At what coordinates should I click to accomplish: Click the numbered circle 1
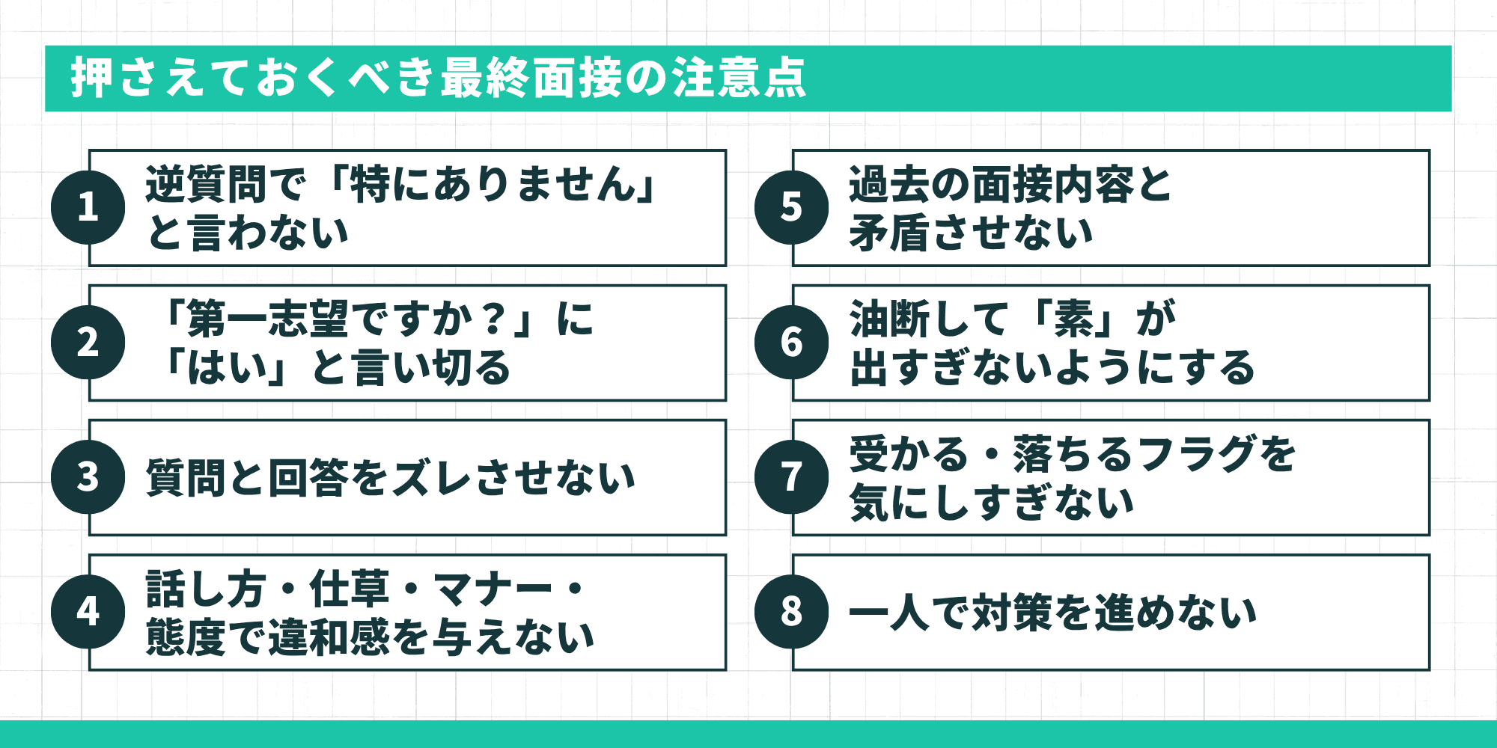point(88,207)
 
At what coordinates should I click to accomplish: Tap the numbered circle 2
point(88,342)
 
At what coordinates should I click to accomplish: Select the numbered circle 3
point(88,476)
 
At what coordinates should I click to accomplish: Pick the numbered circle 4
point(88,611)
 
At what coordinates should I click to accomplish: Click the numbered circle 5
point(792,207)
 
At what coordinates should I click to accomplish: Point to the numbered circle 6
point(792,342)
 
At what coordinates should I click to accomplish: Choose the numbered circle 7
point(792,476)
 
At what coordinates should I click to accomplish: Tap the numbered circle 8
point(792,611)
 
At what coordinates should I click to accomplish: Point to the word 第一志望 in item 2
point(267,319)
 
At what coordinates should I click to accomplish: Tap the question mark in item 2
point(493,319)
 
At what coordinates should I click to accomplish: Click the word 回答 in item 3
point(308,478)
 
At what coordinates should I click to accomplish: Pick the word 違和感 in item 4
point(329,637)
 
